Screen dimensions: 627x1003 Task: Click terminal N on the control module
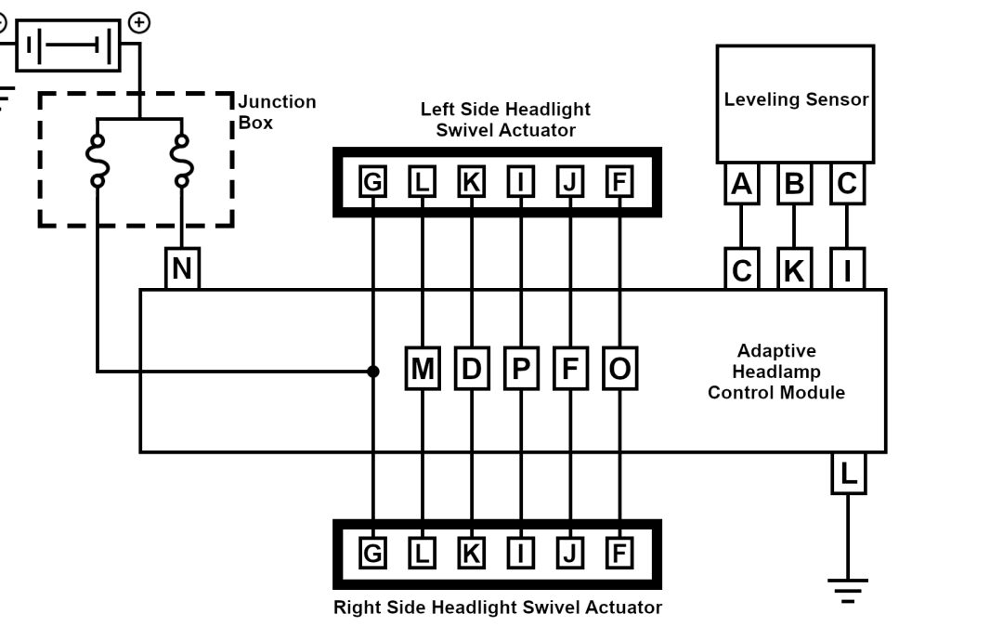[x=182, y=269]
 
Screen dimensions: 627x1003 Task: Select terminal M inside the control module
[x=423, y=369]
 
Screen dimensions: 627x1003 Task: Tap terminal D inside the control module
[x=472, y=369]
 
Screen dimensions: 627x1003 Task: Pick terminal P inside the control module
[x=521, y=369]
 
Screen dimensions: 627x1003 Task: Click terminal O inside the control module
[x=619, y=369]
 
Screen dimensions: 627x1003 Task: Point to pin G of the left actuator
[x=372, y=182]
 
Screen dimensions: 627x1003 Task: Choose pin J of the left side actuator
[x=569, y=182]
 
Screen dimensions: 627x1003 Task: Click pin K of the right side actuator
[x=472, y=554]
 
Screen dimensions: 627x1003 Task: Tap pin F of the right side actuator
[x=619, y=554]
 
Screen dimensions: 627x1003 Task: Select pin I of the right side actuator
[x=521, y=554]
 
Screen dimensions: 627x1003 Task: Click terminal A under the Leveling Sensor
[x=741, y=185]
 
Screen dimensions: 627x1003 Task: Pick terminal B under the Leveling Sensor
[x=794, y=185]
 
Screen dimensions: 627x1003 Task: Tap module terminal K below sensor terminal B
[x=794, y=270]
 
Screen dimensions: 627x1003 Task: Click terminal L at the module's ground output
[x=848, y=475]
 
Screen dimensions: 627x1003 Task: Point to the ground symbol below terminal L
[x=848, y=589]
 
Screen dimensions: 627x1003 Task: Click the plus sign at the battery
[x=138, y=22]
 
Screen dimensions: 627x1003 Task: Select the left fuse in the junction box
[x=97, y=160]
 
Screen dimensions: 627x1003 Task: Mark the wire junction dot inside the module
[x=373, y=372]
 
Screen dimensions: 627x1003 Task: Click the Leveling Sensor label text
[x=796, y=99]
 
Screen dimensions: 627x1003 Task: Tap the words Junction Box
[x=276, y=111]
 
